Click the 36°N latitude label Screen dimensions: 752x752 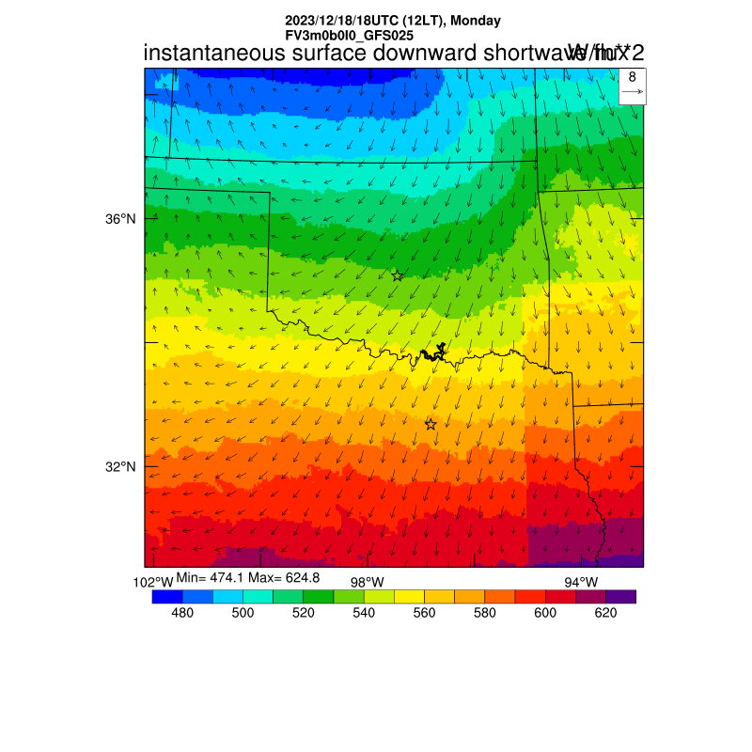(x=120, y=219)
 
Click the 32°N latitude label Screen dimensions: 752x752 (x=120, y=467)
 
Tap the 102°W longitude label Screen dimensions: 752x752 (x=153, y=583)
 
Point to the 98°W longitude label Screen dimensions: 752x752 (x=367, y=583)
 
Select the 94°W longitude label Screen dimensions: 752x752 (x=580, y=583)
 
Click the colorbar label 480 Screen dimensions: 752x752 (x=182, y=613)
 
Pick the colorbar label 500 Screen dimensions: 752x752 (x=243, y=613)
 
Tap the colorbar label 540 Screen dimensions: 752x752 (x=364, y=613)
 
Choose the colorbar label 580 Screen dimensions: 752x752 (x=485, y=613)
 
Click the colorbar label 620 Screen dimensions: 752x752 (x=605, y=613)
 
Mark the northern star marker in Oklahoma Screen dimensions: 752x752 (x=398, y=275)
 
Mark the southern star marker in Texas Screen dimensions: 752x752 (x=431, y=425)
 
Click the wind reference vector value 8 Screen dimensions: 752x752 (x=633, y=77)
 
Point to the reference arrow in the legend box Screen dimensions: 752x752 (x=633, y=92)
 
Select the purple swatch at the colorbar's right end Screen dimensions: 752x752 (x=621, y=596)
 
